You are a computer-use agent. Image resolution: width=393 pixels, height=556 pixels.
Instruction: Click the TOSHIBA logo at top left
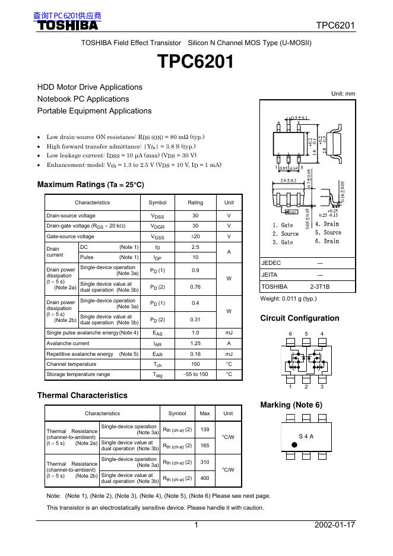pos(68,26)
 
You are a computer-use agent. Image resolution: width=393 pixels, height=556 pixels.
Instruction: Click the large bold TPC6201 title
pos(195,62)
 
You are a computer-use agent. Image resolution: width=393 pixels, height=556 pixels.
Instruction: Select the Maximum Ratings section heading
pos(90,185)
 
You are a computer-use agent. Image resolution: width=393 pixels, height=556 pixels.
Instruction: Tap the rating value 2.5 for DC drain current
pos(195,247)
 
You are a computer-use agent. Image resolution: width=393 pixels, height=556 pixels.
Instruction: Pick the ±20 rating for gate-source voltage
pos(195,236)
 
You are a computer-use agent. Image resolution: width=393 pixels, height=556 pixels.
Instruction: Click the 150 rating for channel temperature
pos(195,364)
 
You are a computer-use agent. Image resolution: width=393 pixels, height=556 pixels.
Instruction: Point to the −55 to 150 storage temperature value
pos(195,375)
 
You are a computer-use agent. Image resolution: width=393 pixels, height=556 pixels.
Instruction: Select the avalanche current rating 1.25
pos(195,343)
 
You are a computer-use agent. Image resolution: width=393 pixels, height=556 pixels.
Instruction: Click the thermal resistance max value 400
pos(205,478)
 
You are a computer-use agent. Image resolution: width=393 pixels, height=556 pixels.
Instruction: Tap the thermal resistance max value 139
pos(205,429)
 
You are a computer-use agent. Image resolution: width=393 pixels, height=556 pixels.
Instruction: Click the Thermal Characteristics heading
pos(82,395)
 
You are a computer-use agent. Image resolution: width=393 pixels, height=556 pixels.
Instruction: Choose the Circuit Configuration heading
pos(300,318)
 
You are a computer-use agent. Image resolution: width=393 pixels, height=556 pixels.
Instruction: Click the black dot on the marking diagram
pos(293,444)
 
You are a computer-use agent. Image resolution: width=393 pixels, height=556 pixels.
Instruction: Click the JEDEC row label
pos(271,263)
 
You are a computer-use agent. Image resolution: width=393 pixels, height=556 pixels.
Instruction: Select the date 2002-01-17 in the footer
pos(335,525)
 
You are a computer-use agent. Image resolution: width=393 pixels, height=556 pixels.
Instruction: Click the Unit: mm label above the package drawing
pos(343,94)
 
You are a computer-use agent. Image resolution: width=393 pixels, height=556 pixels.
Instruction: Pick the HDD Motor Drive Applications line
pos(90,87)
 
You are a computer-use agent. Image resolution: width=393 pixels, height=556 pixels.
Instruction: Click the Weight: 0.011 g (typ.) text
pos(289,299)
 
